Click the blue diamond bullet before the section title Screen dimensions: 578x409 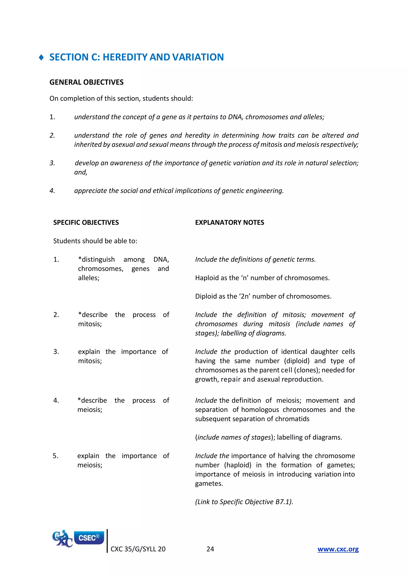(41, 58)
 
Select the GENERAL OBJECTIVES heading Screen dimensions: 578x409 (86, 82)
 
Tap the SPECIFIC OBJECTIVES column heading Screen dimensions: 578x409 (86, 223)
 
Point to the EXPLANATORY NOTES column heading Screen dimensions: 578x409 (229, 223)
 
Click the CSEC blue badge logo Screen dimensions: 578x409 (89, 538)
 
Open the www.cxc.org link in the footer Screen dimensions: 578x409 (338, 549)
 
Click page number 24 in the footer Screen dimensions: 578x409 (210, 549)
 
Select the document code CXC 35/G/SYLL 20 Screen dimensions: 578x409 (138, 549)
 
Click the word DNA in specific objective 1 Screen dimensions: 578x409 (161, 259)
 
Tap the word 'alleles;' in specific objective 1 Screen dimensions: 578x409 (89, 278)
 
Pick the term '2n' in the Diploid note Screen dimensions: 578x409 (244, 296)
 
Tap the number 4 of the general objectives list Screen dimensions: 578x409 (52, 191)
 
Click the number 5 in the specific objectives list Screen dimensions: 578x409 (55, 456)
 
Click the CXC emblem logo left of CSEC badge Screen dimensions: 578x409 (62, 538)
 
